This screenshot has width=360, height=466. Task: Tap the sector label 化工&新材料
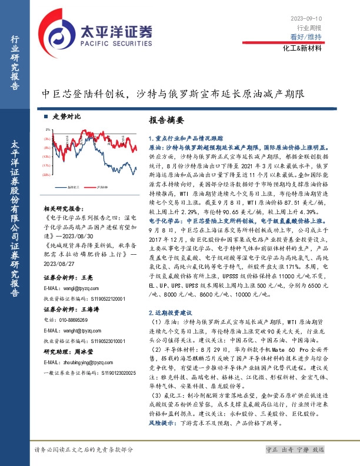(302, 48)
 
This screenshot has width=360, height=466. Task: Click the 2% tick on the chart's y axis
(48, 128)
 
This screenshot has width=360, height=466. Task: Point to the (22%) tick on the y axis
(46, 175)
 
